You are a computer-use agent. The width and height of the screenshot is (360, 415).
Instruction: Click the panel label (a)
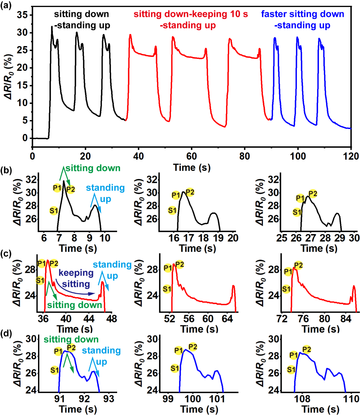click(6, 5)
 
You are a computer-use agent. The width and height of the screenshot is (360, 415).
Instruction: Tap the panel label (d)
click(6, 334)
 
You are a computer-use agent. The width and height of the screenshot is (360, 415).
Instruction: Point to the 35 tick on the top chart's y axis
click(22, 15)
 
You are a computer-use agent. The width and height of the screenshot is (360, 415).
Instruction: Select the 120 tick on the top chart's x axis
click(351, 156)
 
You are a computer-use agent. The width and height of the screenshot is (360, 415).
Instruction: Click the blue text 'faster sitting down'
click(302, 14)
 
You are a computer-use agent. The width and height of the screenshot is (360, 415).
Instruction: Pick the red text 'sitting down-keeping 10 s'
click(191, 14)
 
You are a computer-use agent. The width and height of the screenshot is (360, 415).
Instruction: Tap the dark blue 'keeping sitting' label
click(76, 278)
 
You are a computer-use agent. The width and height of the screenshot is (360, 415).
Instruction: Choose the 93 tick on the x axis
click(109, 399)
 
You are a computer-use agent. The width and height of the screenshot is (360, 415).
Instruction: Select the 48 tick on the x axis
click(112, 319)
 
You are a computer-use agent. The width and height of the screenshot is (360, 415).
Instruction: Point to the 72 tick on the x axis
click(282, 319)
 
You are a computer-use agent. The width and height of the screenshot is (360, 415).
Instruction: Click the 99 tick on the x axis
click(168, 399)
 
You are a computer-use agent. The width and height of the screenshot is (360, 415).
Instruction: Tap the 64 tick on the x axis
click(227, 319)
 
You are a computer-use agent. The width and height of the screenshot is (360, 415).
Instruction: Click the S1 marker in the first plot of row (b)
click(54, 211)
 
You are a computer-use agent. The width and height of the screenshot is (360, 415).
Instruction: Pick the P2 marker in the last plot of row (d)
click(307, 349)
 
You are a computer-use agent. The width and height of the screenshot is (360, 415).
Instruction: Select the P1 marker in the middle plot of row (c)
click(168, 268)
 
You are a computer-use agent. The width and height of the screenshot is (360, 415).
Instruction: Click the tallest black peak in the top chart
click(52, 27)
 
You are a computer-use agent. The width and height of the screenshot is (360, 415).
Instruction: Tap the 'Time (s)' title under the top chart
click(192, 167)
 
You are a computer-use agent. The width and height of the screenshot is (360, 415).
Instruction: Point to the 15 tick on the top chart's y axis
click(22, 85)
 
